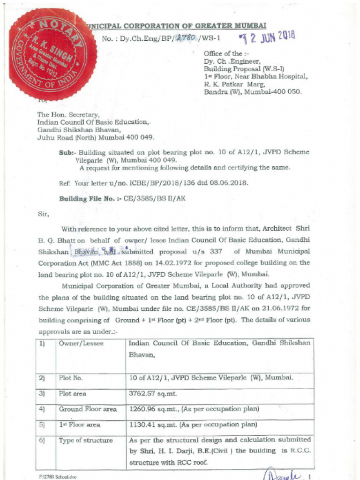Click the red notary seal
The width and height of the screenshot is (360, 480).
click(52, 54)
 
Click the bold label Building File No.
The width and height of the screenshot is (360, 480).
click(87, 199)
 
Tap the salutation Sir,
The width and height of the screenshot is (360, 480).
click(43, 214)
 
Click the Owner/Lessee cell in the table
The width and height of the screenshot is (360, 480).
click(81, 344)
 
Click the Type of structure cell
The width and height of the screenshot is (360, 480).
click(85, 441)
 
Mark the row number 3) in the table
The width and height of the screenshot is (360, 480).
click(42, 394)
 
